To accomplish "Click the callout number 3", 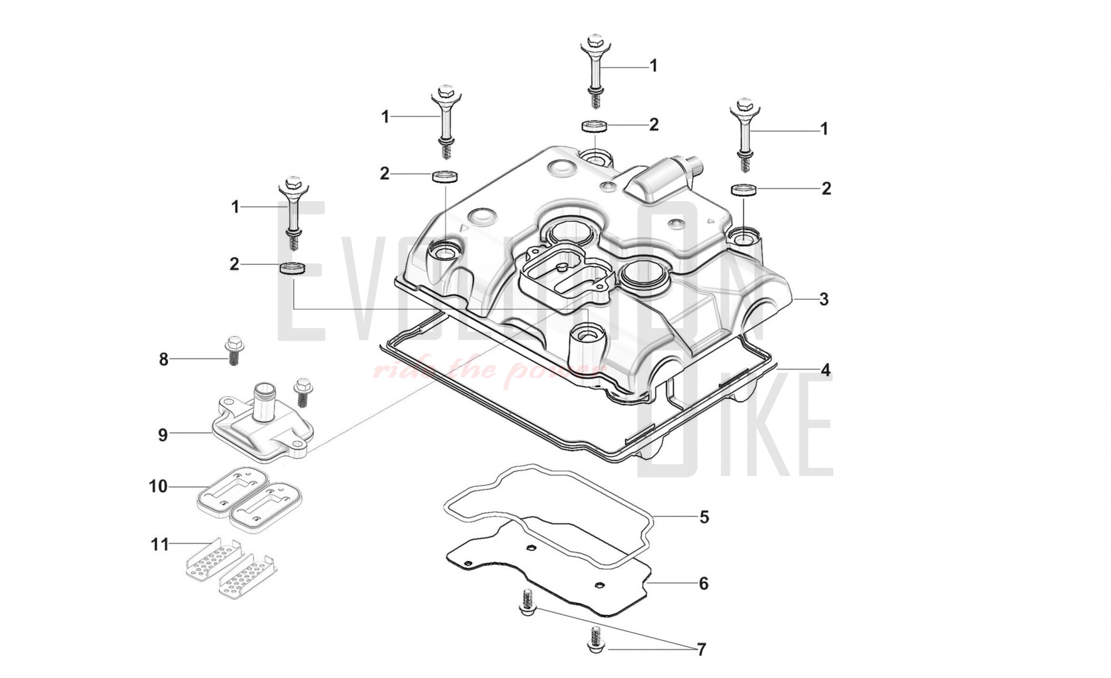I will point(824,300).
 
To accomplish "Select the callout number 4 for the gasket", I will point(825,370).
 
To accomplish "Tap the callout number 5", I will point(704,517).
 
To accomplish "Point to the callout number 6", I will point(703,584).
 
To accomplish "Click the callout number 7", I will point(701,650).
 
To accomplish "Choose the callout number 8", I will point(163,360).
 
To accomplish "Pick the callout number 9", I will point(163,435).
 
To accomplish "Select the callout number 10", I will point(158,487).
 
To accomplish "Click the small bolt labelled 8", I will point(232,350).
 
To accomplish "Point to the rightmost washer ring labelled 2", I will point(743,190).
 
